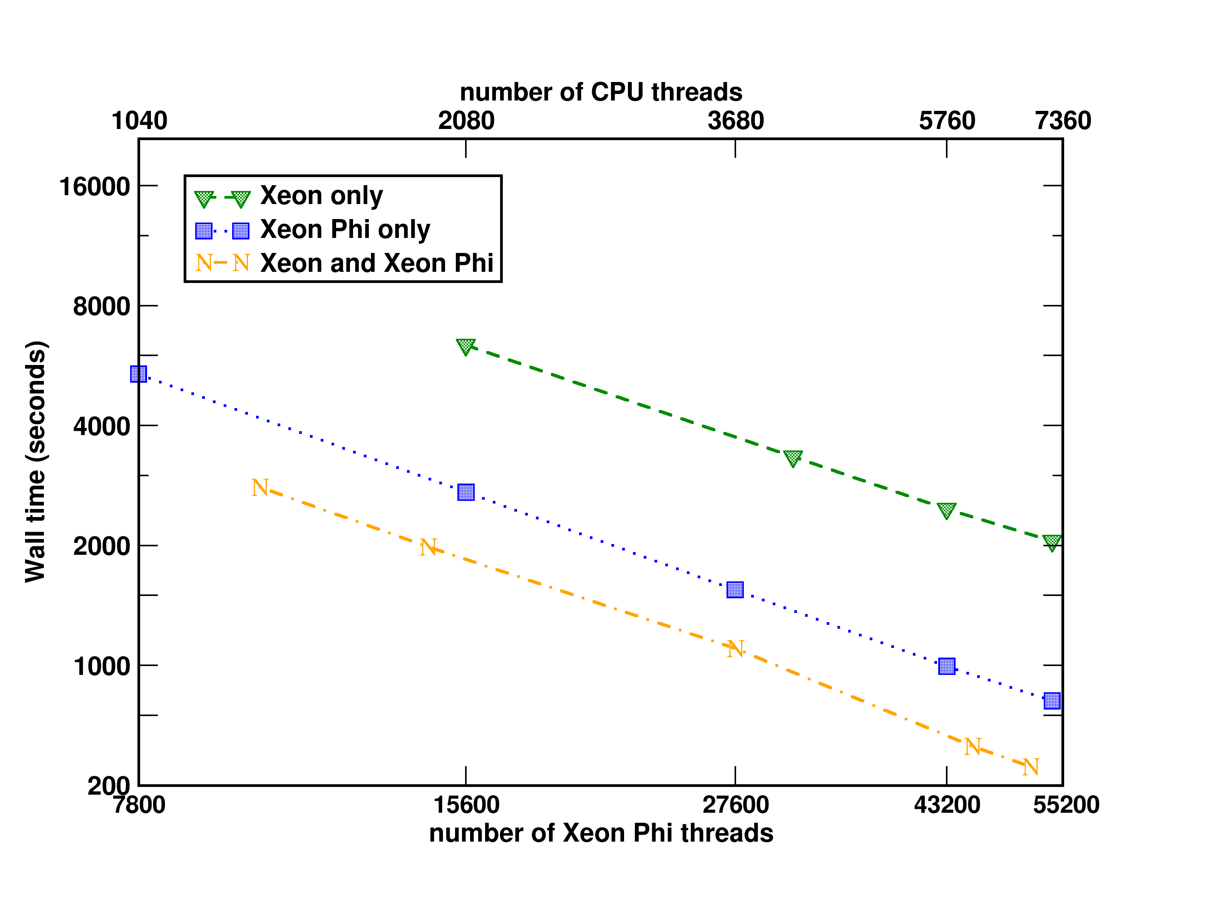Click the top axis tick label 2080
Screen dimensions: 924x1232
point(466,121)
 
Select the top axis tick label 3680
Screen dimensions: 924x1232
point(735,121)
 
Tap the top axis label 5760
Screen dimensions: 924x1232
point(947,121)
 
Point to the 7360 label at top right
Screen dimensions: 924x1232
point(1063,121)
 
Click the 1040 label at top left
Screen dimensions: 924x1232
point(139,121)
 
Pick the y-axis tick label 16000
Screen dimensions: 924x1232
point(95,187)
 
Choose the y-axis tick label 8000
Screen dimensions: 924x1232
point(101,306)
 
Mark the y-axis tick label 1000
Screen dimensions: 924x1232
point(101,666)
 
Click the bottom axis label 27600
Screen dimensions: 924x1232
point(735,805)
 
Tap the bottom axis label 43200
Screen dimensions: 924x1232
point(947,805)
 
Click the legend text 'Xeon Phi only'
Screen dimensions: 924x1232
point(345,229)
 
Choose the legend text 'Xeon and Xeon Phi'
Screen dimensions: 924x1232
point(377,263)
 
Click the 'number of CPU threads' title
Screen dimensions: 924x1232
point(601,92)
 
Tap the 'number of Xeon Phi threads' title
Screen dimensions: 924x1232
point(601,833)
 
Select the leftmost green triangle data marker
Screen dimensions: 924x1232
point(465,346)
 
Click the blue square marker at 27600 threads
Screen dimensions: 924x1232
point(735,589)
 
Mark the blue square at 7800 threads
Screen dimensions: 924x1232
point(139,374)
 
